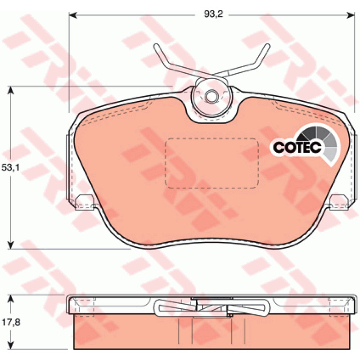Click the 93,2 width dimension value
point(213,14)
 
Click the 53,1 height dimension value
point(11,167)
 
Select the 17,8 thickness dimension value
point(11,322)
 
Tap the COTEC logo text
point(297,147)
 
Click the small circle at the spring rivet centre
point(211,96)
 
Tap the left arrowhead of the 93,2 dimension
point(72,15)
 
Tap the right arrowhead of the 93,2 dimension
point(351,15)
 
